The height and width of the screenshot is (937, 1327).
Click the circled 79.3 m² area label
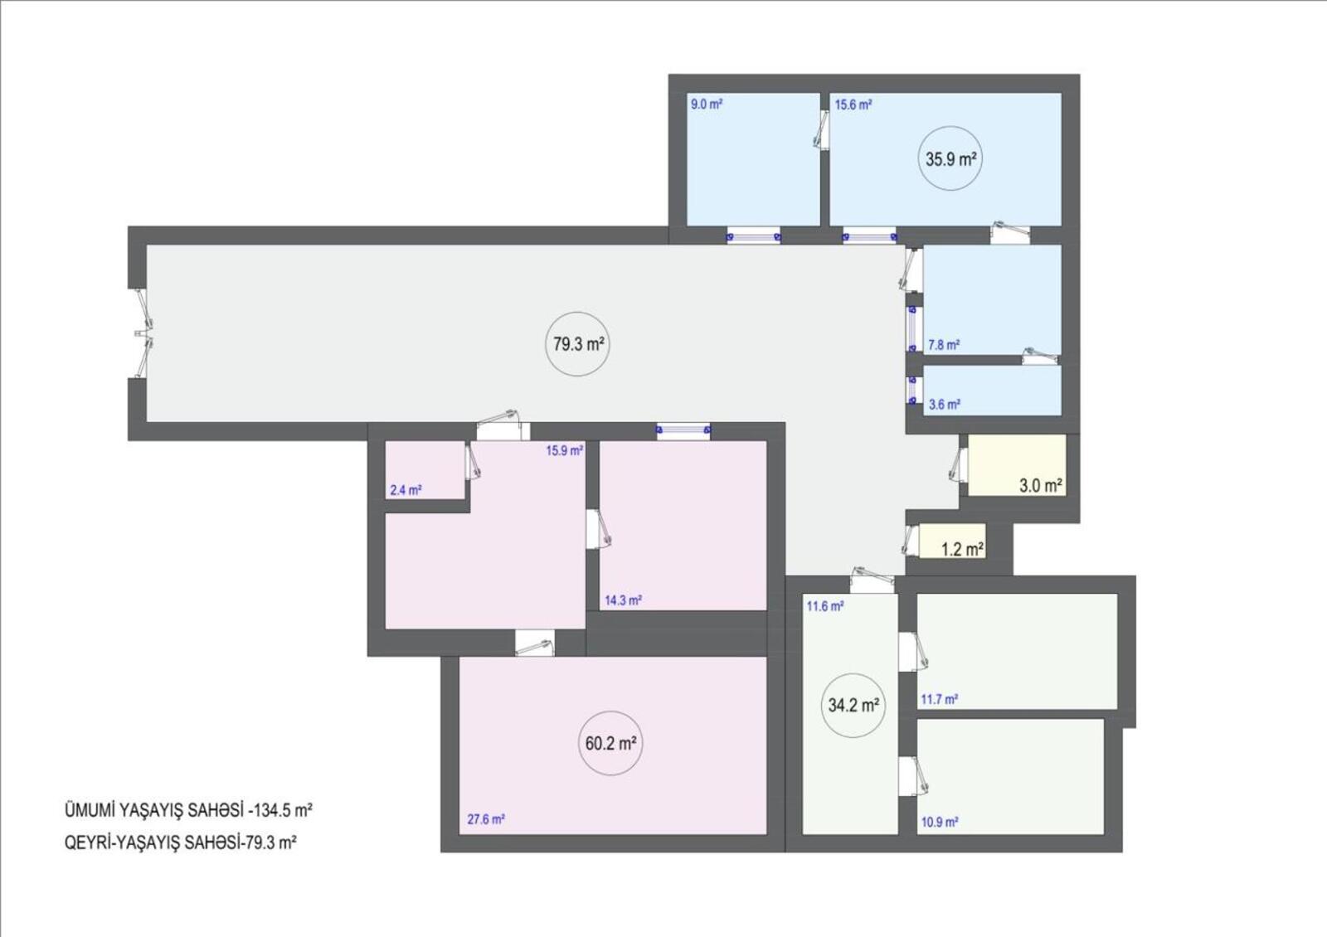(577, 344)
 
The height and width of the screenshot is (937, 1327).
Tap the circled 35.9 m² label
(950, 158)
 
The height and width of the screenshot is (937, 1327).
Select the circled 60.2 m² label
(610, 743)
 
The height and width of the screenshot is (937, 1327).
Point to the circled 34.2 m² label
(853, 706)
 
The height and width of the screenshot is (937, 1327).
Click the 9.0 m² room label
(706, 104)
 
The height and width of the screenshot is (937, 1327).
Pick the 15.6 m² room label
(853, 104)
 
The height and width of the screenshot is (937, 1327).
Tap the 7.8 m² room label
(944, 345)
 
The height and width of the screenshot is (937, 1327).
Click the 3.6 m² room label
(945, 405)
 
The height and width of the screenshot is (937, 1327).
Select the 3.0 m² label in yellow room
(1040, 486)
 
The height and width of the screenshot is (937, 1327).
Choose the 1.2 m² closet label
(963, 549)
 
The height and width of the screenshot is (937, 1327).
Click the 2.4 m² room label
(406, 490)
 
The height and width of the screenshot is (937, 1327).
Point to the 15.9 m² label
(565, 451)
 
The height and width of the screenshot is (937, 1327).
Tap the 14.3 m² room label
(623, 600)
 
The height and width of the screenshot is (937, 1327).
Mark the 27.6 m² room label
(486, 819)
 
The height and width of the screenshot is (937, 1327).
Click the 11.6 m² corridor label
(825, 606)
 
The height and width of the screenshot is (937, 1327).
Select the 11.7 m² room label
(940, 700)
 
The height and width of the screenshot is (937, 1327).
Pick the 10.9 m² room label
(940, 823)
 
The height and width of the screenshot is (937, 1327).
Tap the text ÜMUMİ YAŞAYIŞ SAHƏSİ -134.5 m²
(188, 810)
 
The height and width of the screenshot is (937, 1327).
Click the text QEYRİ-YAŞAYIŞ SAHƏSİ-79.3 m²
(181, 842)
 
